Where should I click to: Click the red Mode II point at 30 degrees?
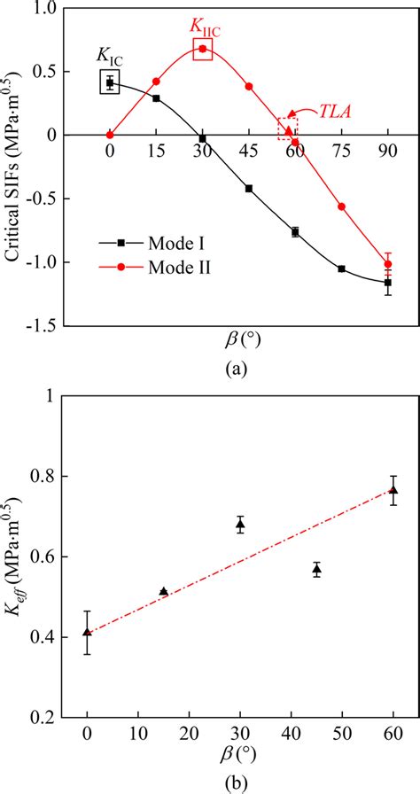tap(203, 49)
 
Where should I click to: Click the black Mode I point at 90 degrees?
tap(387, 283)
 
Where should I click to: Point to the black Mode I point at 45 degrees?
tap(249, 188)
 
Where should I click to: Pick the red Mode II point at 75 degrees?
tap(341, 206)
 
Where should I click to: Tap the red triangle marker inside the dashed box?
tap(288, 130)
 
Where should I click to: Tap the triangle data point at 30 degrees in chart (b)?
tap(240, 525)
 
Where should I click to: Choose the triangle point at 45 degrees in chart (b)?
tap(316, 569)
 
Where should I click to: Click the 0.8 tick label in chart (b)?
tap(61, 476)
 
